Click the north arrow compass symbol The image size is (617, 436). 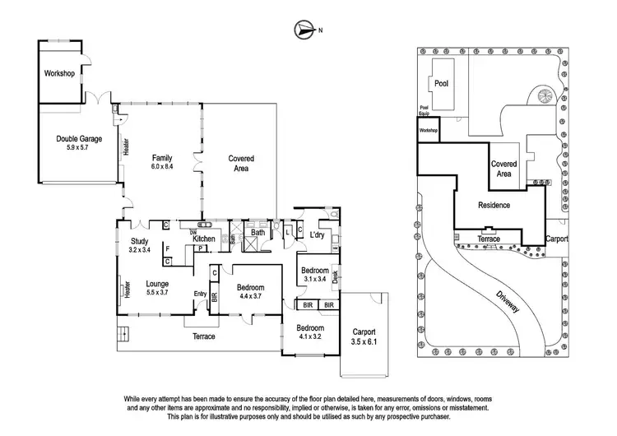(x=303, y=30)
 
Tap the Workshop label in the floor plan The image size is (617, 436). (x=59, y=74)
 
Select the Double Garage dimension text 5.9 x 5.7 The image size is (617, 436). (x=78, y=150)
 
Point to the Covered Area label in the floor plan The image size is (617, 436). (x=240, y=163)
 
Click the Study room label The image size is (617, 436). (x=138, y=241)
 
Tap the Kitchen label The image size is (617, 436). (x=204, y=239)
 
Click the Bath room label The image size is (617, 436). (x=257, y=233)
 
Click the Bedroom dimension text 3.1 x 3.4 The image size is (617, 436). (x=314, y=280)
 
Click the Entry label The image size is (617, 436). (x=200, y=294)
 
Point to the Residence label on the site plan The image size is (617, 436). (x=494, y=205)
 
